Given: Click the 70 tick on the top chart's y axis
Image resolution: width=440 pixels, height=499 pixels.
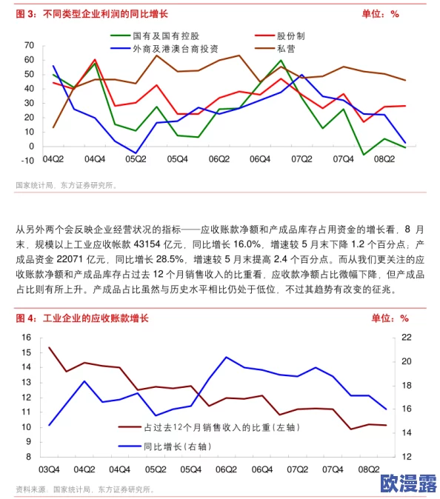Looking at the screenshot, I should (x=29, y=45).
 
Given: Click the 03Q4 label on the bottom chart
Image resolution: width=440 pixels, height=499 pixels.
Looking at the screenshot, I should (x=50, y=469).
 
